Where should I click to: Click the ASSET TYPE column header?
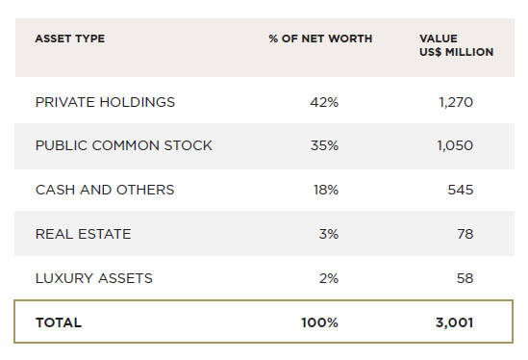[x=69, y=39]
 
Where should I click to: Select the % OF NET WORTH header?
[x=320, y=39]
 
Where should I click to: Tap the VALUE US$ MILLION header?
[x=456, y=45]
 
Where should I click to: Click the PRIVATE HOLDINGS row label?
[x=105, y=101]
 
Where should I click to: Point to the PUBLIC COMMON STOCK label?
[x=123, y=145]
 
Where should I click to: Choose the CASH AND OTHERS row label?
[x=105, y=190]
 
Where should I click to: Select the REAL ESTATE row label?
[x=83, y=234]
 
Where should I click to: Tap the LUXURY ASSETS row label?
[x=93, y=278]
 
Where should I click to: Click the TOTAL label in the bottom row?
[x=59, y=322]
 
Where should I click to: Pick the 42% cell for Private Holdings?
[x=324, y=101]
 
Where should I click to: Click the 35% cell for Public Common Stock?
[x=324, y=145]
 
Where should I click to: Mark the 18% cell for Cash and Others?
[x=325, y=190]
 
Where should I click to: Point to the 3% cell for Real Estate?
[x=329, y=234]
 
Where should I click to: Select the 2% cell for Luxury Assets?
[x=329, y=278]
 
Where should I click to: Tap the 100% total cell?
[x=319, y=322]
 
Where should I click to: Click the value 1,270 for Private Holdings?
[x=456, y=101]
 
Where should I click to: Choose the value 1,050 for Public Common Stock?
[x=455, y=145]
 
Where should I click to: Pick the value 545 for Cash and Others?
[x=461, y=190]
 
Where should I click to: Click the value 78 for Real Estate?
[x=465, y=234]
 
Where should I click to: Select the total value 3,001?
[x=454, y=322]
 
